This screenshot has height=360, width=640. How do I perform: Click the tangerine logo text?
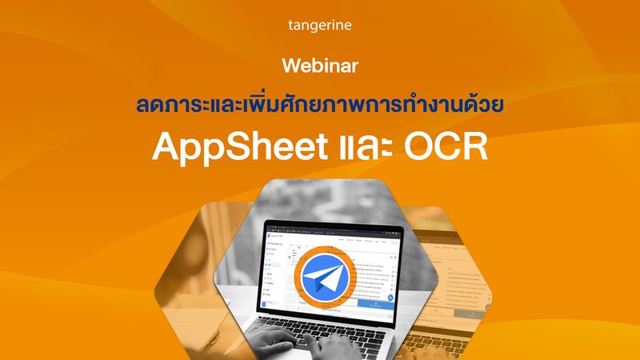pyautogui.click(x=319, y=26)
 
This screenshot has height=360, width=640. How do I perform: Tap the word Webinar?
pyautogui.click(x=319, y=63)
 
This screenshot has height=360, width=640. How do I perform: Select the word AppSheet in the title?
pyautogui.click(x=226, y=148)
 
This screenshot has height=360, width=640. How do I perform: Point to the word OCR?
pyautogui.click(x=444, y=148)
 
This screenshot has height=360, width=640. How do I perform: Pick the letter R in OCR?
pyautogui.click(x=474, y=148)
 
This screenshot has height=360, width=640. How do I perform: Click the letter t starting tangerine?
pyautogui.click(x=290, y=26)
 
